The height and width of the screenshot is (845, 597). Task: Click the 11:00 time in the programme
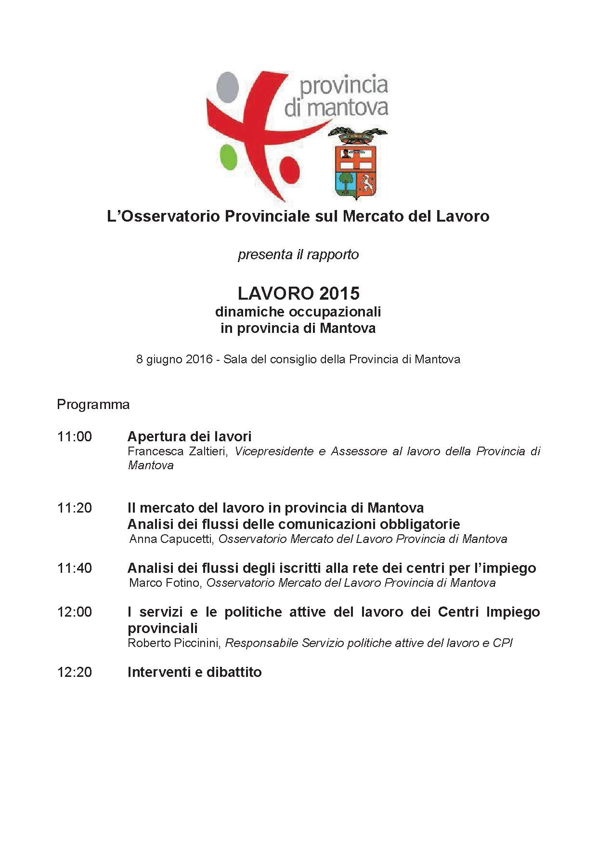(x=74, y=436)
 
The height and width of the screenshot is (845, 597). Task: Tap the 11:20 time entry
(x=74, y=508)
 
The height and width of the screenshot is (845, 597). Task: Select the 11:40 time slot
(x=74, y=568)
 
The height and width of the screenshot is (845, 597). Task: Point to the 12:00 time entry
(x=74, y=612)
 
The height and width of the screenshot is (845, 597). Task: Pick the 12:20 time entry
(x=74, y=672)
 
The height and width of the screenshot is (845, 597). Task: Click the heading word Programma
(x=93, y=404)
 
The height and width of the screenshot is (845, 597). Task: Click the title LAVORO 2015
(x=298, y=293)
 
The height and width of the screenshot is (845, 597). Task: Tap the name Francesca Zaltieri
(x=177, y=451)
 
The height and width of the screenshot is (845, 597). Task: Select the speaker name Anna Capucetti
(x=171, y=539)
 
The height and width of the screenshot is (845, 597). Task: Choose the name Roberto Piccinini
(x=173, y=643)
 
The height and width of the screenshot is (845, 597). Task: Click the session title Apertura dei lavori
(x=189, y=436)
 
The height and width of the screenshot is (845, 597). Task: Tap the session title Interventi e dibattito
(x=195, y=672)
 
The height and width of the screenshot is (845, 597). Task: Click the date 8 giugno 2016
(x=174, y=359)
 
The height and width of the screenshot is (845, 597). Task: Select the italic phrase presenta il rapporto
(x=298, y=254)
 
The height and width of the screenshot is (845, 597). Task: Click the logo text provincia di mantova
(x=336, y=96)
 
